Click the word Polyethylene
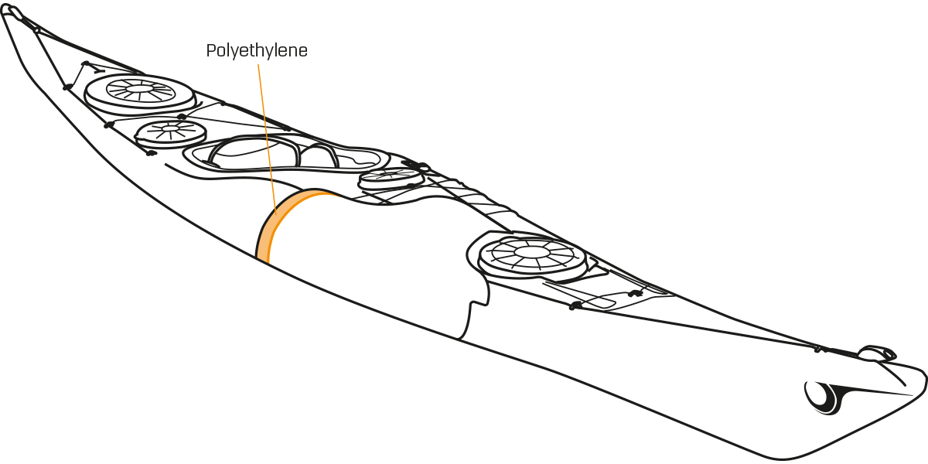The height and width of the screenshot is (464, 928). click(257, 51)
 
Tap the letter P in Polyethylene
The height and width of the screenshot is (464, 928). click(211, 50)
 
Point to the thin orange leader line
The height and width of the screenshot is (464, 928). click(267, 139)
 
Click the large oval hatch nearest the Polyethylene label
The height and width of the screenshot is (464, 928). click(140, 94)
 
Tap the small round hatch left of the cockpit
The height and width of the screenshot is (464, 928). click(171, 133)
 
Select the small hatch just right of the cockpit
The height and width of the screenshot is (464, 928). click(391, 179)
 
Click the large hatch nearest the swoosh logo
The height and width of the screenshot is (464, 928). click(532, 256)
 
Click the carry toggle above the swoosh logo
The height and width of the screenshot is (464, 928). click(878, 353)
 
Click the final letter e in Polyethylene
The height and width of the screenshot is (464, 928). click(302, 53)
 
